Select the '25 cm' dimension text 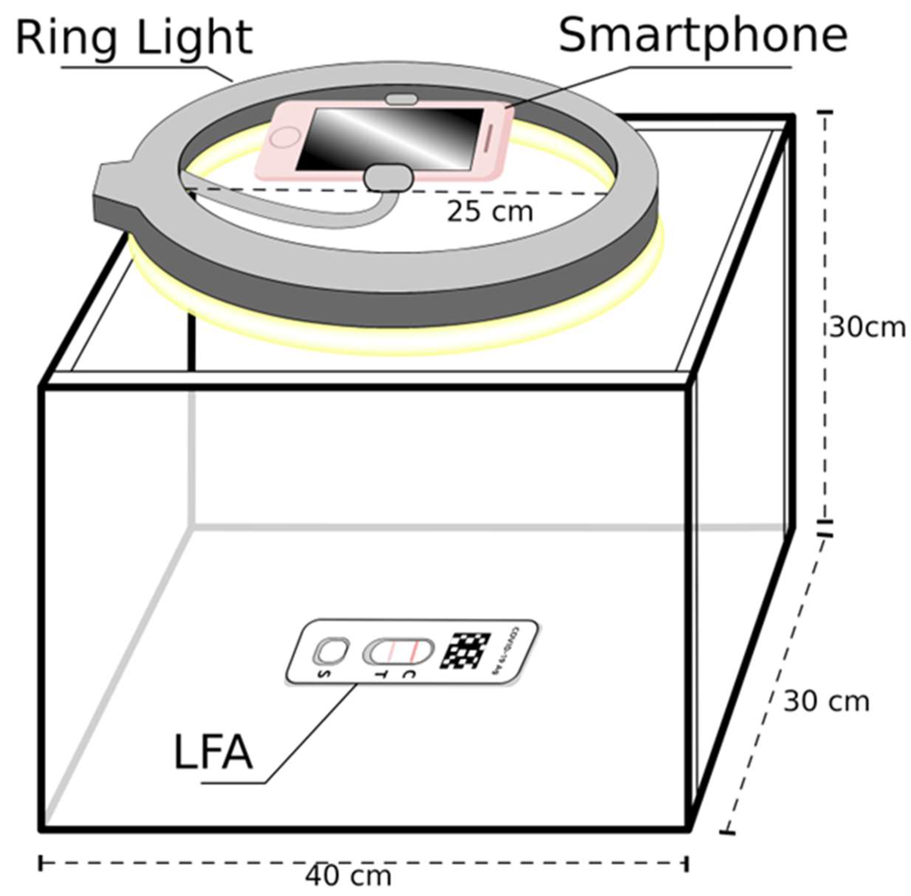pyautogui.click(x=490, y=212)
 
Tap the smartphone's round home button pyautogui.click(x=285, y=137)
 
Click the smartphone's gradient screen pyautogui.click(x=390, y=139)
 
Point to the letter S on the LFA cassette pyautogui.click(x=324, y=674)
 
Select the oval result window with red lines pyautogui.click(x=398, y=651)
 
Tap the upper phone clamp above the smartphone pyautogui.click(x=401, y=99)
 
